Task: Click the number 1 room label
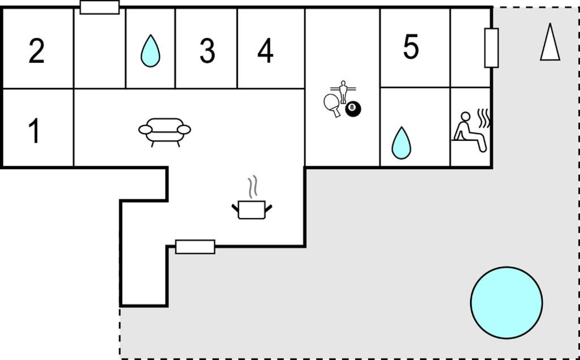[35, 131]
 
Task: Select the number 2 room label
[36, 52]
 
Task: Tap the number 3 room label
[207, 52]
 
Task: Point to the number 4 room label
[265, 52]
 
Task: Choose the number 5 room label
[411, 46]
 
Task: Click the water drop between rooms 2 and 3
[150, 50]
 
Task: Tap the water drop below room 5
[402, 143]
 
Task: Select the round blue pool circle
[506, 303]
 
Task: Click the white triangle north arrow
[550, 42]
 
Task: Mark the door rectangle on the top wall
[100, 7]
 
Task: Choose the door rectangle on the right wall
[492, 48]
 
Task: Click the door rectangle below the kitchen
[195, 247]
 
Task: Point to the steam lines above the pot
[253, 187]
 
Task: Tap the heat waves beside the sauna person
[484, 118]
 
